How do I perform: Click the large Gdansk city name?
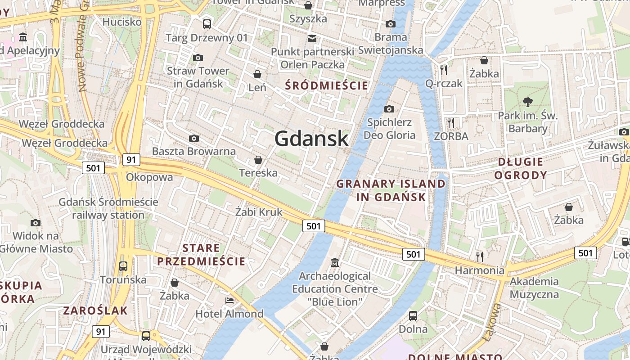click(311, 138)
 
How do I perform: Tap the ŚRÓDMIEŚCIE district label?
click(327, 85)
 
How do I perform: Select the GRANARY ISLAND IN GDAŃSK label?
click(391, 190)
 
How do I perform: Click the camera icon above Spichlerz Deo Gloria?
click(389, 109)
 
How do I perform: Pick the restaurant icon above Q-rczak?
click(444, 69)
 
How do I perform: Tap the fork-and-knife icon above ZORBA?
click(451, 122)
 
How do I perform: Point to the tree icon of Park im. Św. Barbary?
click(528, 102)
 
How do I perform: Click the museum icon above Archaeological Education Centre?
click(335, 262)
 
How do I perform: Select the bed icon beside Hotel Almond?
click(229, 300)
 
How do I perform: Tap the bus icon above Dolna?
click(413, 315)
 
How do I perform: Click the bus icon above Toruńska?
click(123, 266)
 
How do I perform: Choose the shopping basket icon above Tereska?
click(258, 159)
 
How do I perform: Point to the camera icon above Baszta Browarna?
click(194, 138)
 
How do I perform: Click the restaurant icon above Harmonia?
click(480, 256)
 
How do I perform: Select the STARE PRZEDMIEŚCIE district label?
click(201, 255)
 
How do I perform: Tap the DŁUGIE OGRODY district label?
click(521, 168)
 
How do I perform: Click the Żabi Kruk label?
click(259, 212)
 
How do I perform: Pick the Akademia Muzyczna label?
click(534, 288)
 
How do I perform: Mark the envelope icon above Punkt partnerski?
click(312, 38)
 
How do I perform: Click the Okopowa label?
click(149, 177)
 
